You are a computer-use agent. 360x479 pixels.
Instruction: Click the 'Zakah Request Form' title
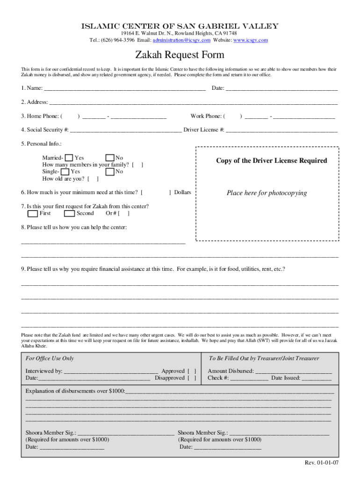(x=180, y=55)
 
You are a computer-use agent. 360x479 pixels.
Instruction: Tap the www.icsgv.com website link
(x=251, y=40)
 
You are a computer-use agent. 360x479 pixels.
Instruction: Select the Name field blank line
(x=124, y=88)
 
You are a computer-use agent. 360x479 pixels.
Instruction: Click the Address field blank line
(x=193, y=102)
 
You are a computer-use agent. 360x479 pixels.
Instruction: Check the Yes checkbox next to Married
(x=69, y=158)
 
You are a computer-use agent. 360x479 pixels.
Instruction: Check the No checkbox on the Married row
(x=110, y=158)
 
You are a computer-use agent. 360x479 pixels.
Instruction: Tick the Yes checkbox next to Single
(x=65, y=172)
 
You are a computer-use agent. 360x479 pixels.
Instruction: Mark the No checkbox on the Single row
(x=110, y=172)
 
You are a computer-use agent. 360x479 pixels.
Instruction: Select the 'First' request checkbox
(x=33, y=214)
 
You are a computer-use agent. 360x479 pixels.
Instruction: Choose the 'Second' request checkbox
(x=70, y=214)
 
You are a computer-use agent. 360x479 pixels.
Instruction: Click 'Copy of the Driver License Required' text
(x=271, y=161)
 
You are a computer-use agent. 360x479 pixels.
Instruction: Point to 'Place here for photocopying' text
(x=266, y=193)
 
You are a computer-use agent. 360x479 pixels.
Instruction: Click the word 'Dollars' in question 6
(x=182, y=192)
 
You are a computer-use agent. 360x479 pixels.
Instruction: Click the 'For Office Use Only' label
(x=50, y=358)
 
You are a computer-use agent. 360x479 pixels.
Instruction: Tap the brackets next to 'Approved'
(x=192, y=371)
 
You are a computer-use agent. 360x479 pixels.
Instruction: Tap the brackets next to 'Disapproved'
(x=192, y=378)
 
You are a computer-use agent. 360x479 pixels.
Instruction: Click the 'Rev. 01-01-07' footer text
(x=322, y=463)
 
